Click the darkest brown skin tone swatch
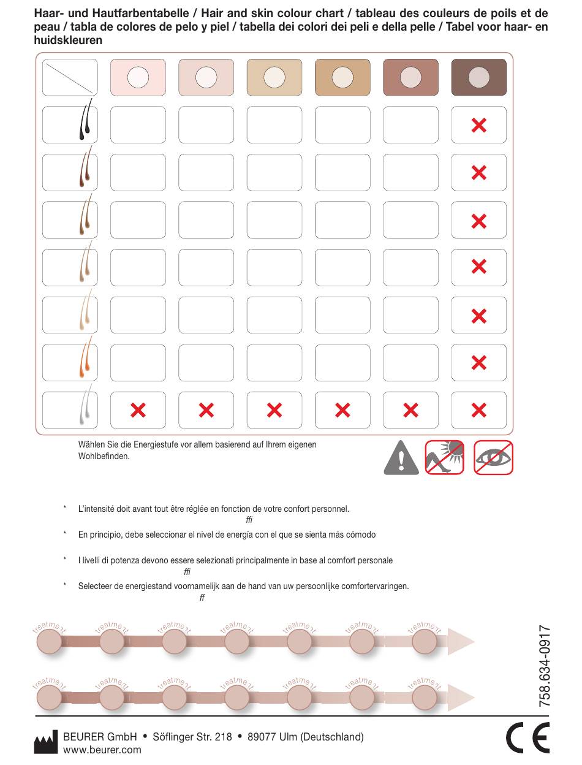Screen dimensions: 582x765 click(478, 77)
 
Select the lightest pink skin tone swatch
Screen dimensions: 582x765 click(138, 77)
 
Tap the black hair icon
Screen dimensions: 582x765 click(85, 120)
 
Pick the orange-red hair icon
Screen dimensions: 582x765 click(85, 357)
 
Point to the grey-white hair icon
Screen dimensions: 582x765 click(85, 405)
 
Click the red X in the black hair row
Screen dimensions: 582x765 click(478, 125)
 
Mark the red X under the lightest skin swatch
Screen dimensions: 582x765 click(138, 410)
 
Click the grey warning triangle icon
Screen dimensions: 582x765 click(401, 458)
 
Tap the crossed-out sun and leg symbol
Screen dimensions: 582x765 click(444, 457)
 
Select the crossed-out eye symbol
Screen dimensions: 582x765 click(493, 457)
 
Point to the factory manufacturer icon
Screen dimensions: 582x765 click(45, 742)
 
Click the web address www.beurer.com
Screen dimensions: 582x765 click(102, 750)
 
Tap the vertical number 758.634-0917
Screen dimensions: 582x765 click(545, 666)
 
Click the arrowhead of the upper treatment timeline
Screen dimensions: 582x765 click(461, 641)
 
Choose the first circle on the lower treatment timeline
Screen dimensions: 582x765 click(49, 698)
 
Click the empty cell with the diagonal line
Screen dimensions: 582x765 click(70, 77)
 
